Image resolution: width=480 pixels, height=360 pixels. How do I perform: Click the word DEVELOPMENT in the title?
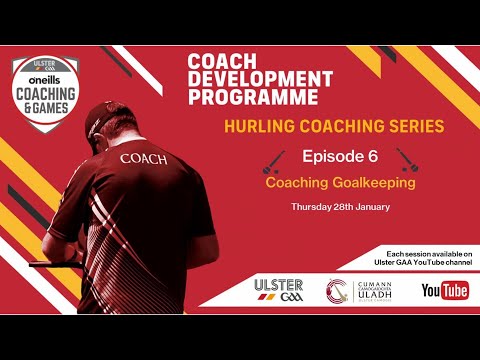tap(261, 79)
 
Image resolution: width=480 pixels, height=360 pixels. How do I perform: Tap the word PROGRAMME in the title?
tap(254, 97)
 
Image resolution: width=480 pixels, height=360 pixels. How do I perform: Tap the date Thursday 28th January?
tap(340, 207)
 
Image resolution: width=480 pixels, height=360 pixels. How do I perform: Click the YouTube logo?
tap(445, 291)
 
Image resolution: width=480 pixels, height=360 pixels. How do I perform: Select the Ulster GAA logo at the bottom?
tap(280, 291)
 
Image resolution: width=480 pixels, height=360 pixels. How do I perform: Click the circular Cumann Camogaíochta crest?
tap(336, 291)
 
